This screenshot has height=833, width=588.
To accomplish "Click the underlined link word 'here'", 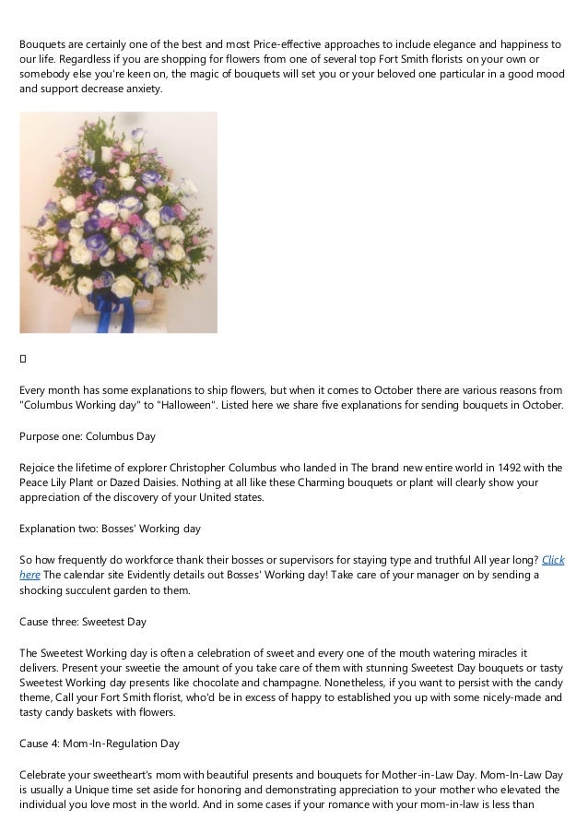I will click(29, 574).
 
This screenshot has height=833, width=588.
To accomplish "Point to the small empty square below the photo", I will click(23, 356).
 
